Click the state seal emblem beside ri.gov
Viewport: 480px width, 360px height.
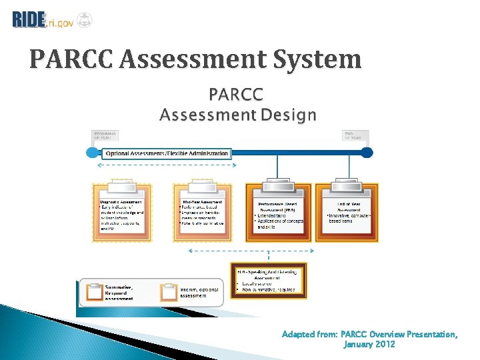coord(85,19)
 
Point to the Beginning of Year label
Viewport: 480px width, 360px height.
coord(104,136)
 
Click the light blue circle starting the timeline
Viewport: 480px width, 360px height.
coord(93,153)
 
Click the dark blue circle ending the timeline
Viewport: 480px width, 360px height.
coord(367,153)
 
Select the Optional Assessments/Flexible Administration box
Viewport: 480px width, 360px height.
coord(167,153)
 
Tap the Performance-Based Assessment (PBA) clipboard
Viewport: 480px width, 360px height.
coord(278,211)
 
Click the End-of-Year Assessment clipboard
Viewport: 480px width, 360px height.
coord(347,211)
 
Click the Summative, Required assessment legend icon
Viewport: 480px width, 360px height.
coord(92,291)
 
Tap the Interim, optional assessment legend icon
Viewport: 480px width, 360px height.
coord(168,292)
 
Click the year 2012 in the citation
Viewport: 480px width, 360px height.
coord(384,345)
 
